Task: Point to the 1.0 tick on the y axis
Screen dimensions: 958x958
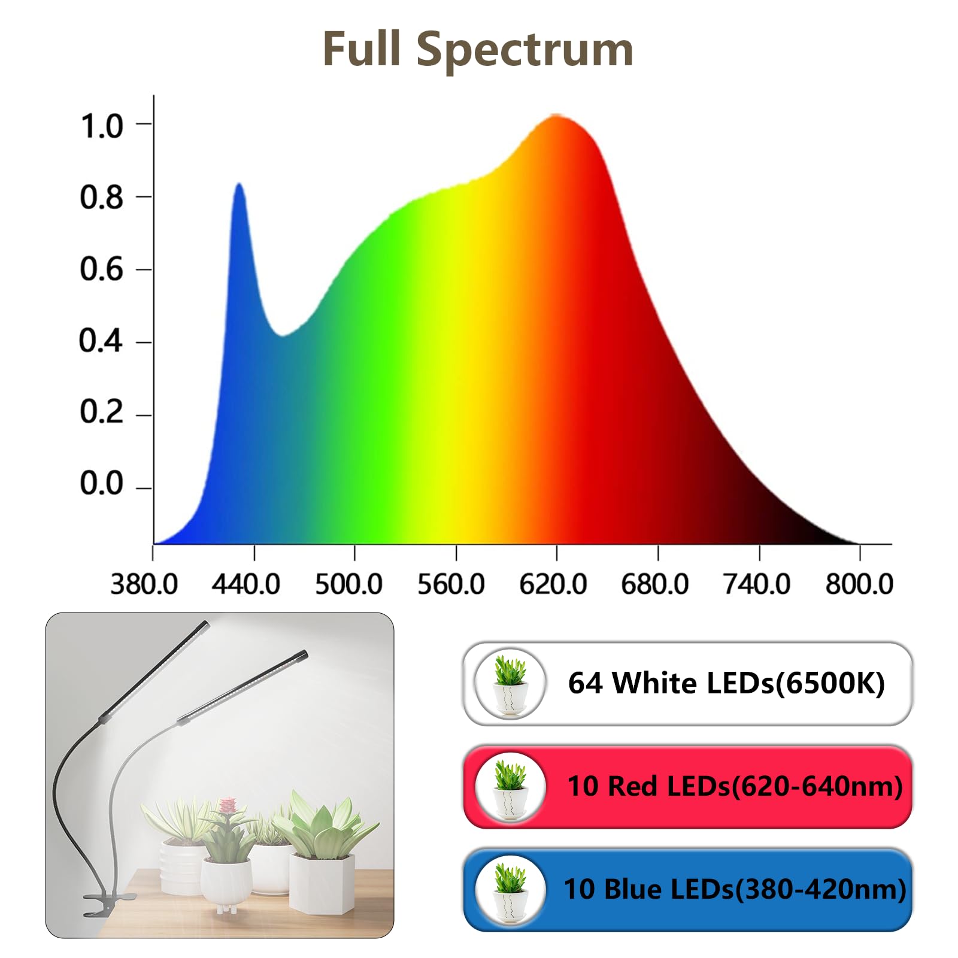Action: (102, 126)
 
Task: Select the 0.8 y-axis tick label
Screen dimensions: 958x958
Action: (102, 198)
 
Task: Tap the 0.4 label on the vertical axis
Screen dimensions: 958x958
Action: (101, 341)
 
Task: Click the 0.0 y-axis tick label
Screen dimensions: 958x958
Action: (102, 483)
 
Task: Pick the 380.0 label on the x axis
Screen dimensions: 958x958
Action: (144, 584)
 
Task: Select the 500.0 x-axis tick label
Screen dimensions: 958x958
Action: (348, 584)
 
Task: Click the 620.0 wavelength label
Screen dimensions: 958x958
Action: (553, 584)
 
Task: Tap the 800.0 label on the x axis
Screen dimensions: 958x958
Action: (859, 584)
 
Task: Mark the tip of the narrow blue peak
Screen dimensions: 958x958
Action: (239, 184)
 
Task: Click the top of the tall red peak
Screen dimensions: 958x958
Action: (557, 116)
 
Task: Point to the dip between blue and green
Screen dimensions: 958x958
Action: (281, 335)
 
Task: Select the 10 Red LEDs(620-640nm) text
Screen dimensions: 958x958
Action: (735, 786)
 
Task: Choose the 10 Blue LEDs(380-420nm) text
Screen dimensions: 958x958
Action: (735, 889)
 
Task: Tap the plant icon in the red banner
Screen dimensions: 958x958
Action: (510, 787)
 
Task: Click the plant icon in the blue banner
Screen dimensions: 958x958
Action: (510, 890)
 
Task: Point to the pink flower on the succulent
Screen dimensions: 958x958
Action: (228, 806)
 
